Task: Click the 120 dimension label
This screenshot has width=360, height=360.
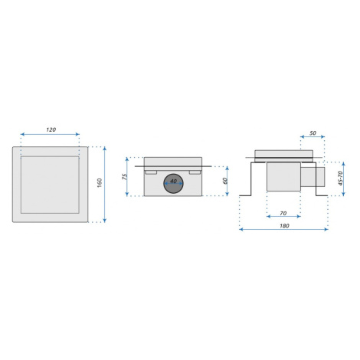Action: pyautogui.click(x=51, y=129)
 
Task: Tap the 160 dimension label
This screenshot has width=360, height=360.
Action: pyautogui.click(x=100, y=182)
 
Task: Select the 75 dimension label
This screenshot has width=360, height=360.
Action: pyautogui.click(x=124, y=177)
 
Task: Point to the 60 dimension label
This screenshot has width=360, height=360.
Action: pyautogui.click(x=225, y=181)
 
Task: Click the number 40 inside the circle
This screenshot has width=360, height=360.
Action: pyautogui.click(x=173, y=181)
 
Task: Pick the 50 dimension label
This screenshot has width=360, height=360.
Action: pyautogui.click(x=313, y=133)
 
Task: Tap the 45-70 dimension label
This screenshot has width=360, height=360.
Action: pyautogui.click(x=340, y=178)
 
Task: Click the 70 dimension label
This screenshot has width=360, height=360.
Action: pyautogui.click(x=283, y=213)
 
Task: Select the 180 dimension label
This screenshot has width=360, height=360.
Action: pyautogui.click(x=284, y=226)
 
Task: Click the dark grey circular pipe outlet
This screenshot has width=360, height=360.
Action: pyautogui.click(x=173, y=184)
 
